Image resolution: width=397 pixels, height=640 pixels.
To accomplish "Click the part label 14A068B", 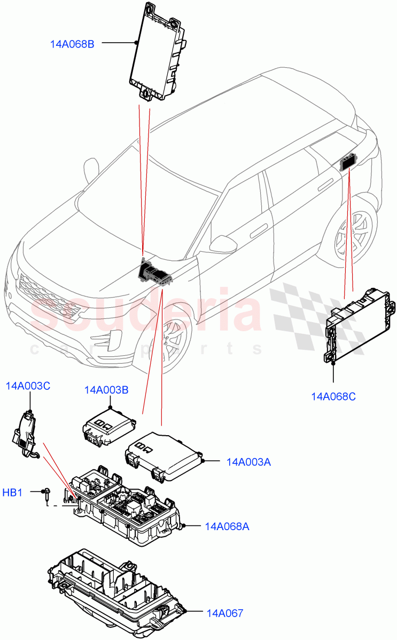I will pos(72,44).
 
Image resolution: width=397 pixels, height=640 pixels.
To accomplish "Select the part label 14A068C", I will pos(333,396).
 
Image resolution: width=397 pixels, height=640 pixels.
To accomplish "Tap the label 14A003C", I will pos(28,386).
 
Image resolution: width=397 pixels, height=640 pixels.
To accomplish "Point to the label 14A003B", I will pos(106,390).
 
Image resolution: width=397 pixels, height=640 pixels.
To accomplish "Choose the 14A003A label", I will pos(248,462).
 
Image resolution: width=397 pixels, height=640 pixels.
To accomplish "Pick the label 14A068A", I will pos(227,526).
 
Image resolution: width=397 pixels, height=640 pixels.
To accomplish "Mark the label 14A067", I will pos(224,613).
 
